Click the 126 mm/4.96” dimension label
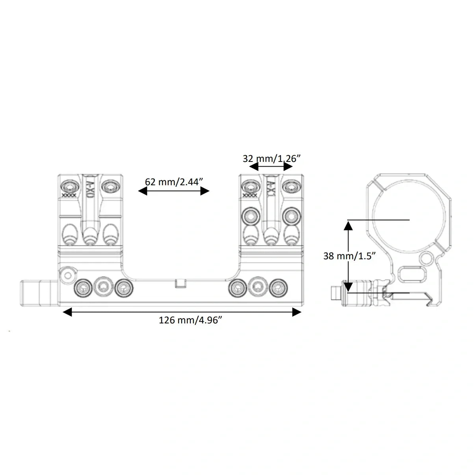pos(190,321)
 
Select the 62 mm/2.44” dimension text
pos(174,182)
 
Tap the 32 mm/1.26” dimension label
pos(272,159)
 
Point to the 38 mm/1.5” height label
pos(349,256)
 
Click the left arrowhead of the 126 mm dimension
pos(67,312)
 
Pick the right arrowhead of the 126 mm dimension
pos(296,312)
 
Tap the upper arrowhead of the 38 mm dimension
pos(348,225)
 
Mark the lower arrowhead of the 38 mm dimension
pos(348,287)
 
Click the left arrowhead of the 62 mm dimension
pos(142,191)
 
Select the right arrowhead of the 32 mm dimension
pos(288,167)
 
